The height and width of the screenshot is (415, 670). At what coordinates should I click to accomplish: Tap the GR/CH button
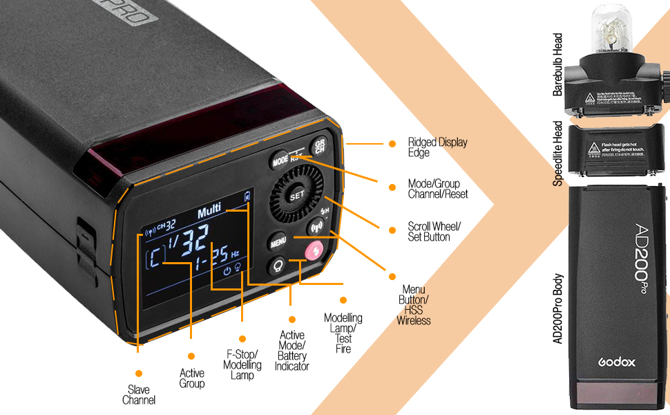click(x=319, y=147)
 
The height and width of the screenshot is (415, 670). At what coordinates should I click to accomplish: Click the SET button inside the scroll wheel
click(x=297, y=196)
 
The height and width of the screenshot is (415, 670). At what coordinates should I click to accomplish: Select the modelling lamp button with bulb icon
click(x=279, y=266)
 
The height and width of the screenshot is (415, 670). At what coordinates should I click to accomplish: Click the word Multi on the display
click(x=209, y=213)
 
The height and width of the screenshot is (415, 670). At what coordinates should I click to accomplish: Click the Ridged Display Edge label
click(x=437, y=147)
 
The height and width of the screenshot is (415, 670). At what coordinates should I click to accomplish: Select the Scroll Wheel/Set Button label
click(x=434, y=232)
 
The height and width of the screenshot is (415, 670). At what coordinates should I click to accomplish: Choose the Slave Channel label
click(x=139, y=395)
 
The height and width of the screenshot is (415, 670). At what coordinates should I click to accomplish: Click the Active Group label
click(x=192, y=378)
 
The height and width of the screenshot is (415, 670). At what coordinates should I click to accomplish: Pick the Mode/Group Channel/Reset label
click(x=438, y=189)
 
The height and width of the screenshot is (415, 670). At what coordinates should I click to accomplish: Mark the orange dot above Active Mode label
click(x=292, y=320)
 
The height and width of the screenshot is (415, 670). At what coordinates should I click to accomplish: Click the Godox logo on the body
click(x=617, y=362)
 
